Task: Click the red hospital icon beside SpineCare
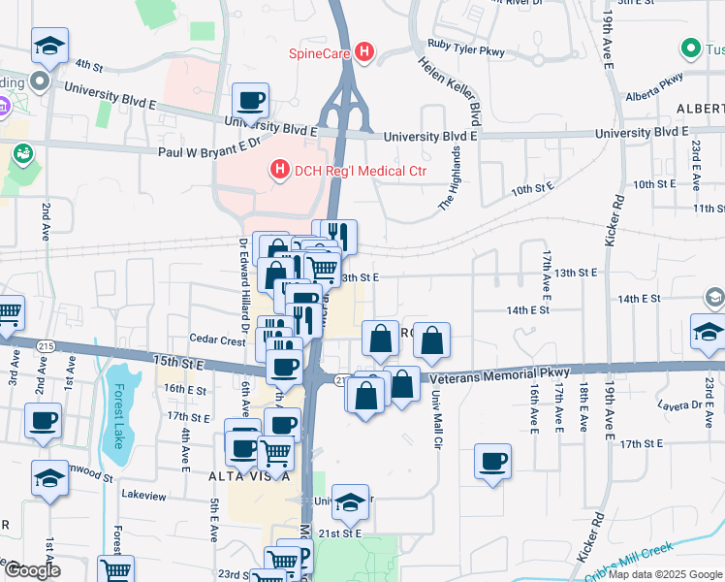364,52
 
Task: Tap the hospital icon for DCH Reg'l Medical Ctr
280,172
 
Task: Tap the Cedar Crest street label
217,340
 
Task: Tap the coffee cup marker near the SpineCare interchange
251,100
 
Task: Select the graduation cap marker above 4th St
48,45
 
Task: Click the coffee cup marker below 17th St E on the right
492,460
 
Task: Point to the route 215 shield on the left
45,345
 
